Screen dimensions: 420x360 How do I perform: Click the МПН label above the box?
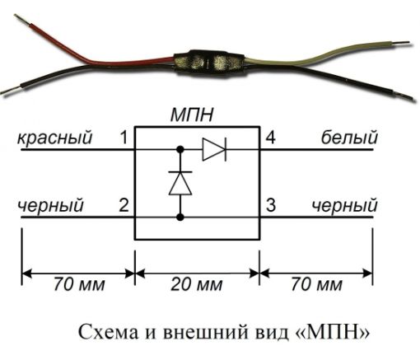(x=192, y=115)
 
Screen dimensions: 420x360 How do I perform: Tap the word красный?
(x=55, y=138)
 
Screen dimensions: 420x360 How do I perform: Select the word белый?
(x=349, y=138)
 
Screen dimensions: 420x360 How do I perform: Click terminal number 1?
(x=124, y=138)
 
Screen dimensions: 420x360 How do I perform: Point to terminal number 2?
(x=124, y=205)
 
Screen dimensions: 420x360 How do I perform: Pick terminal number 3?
(x=271, y=205)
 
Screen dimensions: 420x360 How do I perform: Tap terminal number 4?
(x=270, y=138)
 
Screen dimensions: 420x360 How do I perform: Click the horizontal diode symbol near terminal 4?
(x=214, y=149)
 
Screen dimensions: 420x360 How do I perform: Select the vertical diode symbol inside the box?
(x=180, y=183)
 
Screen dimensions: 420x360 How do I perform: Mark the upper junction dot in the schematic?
(x=180, y=149)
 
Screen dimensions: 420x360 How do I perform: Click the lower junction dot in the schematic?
(x=180, y=217)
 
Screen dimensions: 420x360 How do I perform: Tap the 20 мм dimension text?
(x=197, y=284)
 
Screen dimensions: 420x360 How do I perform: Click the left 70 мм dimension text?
(x=79, y=284)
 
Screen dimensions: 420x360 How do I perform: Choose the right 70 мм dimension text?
(x=316, y=284)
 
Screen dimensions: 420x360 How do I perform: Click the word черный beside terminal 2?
(x=50, y=205)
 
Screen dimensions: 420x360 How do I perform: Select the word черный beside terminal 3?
(x=345, y=205)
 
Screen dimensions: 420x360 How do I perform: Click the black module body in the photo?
(x=209, y=63)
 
